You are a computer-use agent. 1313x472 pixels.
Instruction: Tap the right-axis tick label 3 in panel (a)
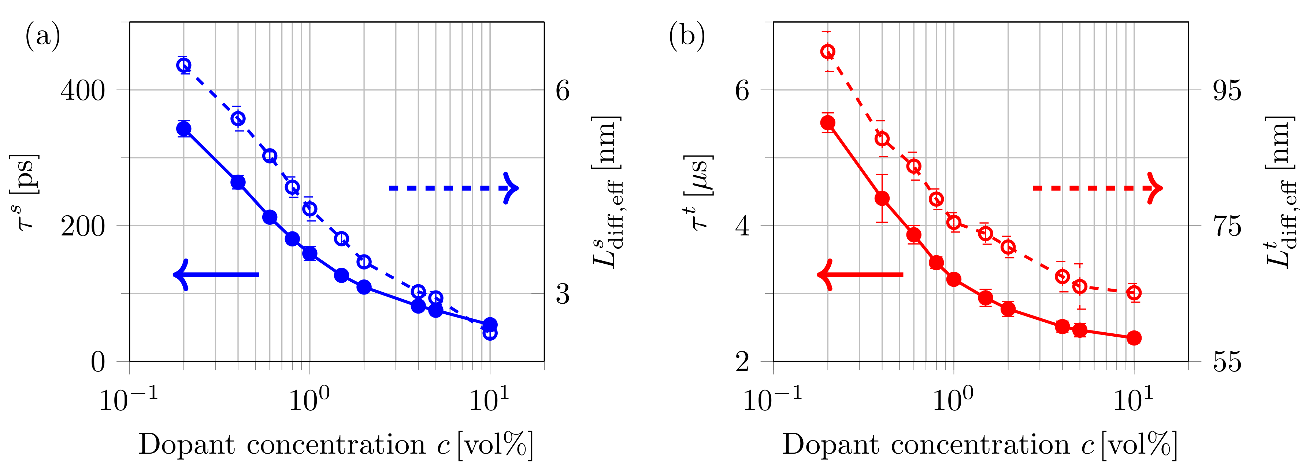[562, 294]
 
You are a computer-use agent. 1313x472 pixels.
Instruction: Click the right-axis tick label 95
[1227, 90]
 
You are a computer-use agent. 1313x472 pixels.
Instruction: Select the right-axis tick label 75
[1227, 226]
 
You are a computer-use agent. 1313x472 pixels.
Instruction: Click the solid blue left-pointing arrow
[216, 275]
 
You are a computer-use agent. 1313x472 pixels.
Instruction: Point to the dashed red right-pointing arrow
[1097, 188]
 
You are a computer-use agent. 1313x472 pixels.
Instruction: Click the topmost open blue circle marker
[184, 65]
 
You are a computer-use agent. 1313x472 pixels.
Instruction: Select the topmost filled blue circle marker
[184, 129]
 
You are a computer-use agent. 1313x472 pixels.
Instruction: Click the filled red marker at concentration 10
[1134, 338]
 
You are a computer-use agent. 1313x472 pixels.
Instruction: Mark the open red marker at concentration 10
[1134, 293]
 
